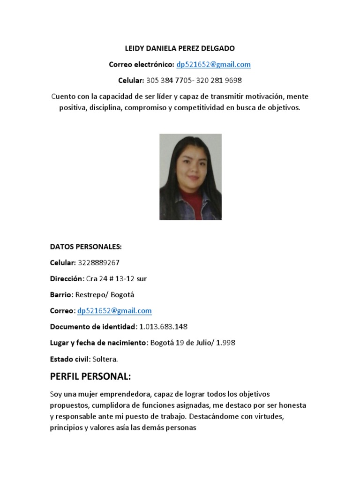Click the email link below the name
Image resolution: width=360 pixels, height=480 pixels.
pyautogui.click(x=213, y=64)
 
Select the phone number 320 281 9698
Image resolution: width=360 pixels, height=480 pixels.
pyautogui.click(x=219, y=80)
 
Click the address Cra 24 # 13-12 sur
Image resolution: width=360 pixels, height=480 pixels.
pyautogui.click(x=116, y=278)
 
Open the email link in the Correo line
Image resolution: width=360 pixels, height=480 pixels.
pyautogui.click(x=114, y=310)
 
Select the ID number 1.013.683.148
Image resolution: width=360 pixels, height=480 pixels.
pyautogui.click(x=164, y=326)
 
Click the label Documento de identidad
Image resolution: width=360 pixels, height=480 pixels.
pyautogui.click(x=92, y=326)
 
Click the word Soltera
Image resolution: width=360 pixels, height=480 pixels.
pyautogui.click(x=105, y=359)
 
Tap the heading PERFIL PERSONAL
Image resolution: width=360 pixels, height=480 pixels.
pyautogui.click(x=90, y=376)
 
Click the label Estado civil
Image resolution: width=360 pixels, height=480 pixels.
pyautogui.click(x=69, y=359)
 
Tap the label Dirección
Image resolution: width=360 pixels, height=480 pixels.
pyautogui.click(x=67, y=278)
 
